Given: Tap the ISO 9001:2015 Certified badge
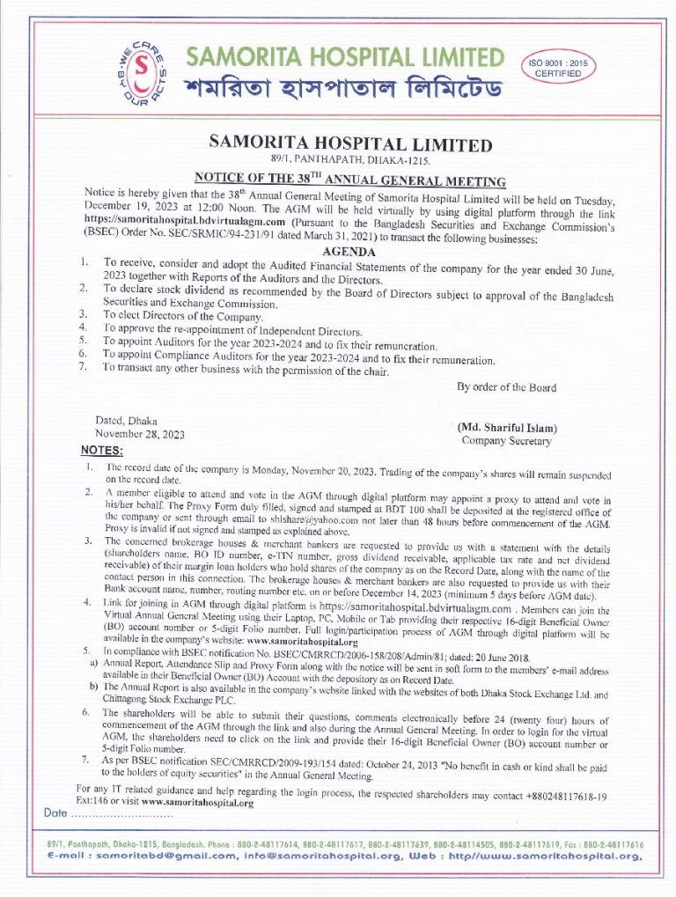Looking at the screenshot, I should point(559,68).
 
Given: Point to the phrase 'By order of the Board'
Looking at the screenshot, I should point(506,387).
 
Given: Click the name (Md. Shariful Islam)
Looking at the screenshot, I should point(506,428).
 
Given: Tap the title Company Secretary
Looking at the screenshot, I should point(506,440).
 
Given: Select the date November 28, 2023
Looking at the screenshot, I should point(140,434).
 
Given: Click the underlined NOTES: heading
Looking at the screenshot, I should point(101,451).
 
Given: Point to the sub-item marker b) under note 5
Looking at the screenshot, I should point(93,685).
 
